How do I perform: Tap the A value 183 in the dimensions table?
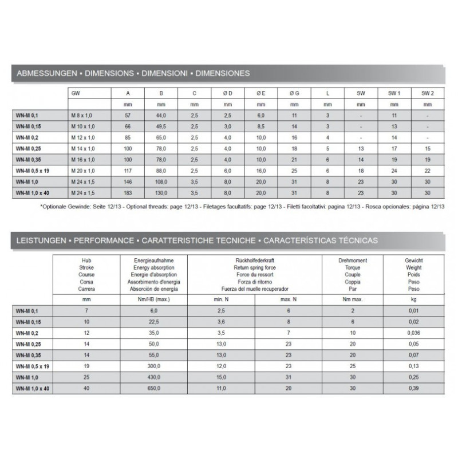click(x=128, y=194)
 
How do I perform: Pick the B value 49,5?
click(x=161, y=127)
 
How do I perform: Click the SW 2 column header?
click(x=427, y=93)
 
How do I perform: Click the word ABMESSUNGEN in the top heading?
click(x=44, y=74)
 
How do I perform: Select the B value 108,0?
click(x=161, y=182)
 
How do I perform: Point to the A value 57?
click(x=128, y=116)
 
